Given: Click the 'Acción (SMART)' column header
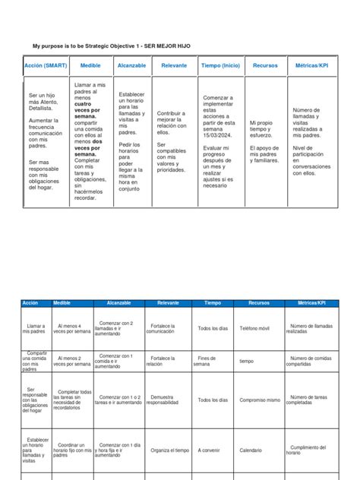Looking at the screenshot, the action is tap(45, 66).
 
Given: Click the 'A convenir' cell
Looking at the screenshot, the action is tap(209, 450).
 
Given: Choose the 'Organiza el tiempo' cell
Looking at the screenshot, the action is tap(170, 450).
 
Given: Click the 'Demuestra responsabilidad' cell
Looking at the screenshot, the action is tap(166, 399).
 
